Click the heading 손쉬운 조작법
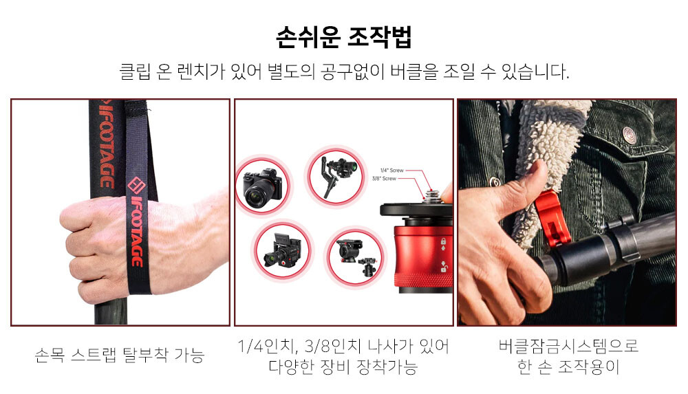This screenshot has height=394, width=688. (343, 37)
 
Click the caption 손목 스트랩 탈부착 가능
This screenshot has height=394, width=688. (119, 355)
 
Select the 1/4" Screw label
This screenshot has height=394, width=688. (391, 171)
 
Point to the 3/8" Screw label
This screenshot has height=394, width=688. (384, 179)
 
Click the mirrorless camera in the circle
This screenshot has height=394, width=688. (262, 186)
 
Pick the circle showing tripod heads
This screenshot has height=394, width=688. (356, 257)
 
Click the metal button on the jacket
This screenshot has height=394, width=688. (630, 135)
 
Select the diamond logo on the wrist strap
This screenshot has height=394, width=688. (136, 185)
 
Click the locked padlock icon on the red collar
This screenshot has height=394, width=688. (443, 241)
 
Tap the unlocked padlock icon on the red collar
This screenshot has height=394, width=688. (443, 266)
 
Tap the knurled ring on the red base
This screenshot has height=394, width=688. (423, 279)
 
